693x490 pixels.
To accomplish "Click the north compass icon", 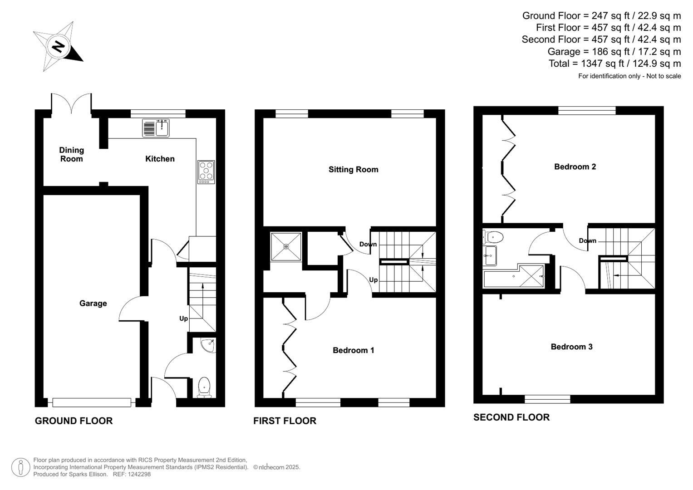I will coord(58,46).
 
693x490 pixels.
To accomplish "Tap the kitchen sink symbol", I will coord(156,128).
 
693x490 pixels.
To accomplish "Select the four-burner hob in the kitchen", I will coord(206,172).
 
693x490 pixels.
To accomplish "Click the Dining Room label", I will coord(72,154).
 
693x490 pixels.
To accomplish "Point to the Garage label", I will coord(93,304).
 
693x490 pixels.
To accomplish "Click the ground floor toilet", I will coord(204,387).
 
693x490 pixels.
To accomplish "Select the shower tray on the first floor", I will coord(286,247).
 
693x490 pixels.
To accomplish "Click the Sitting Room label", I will coord(353,170).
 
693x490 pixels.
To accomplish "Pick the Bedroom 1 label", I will coord(353,350).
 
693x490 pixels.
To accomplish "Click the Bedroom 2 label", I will coord(575,167).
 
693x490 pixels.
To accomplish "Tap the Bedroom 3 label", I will coord(571,347).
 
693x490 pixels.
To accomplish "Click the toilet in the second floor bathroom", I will coord(493,237).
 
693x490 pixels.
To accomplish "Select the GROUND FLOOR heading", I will coord(74,421).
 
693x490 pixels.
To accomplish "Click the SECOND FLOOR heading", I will coord(511,417).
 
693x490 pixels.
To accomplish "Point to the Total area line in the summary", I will coord(614,64).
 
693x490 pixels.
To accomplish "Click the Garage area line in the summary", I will coord(614,52).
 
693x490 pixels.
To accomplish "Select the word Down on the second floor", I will coord(587,240).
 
